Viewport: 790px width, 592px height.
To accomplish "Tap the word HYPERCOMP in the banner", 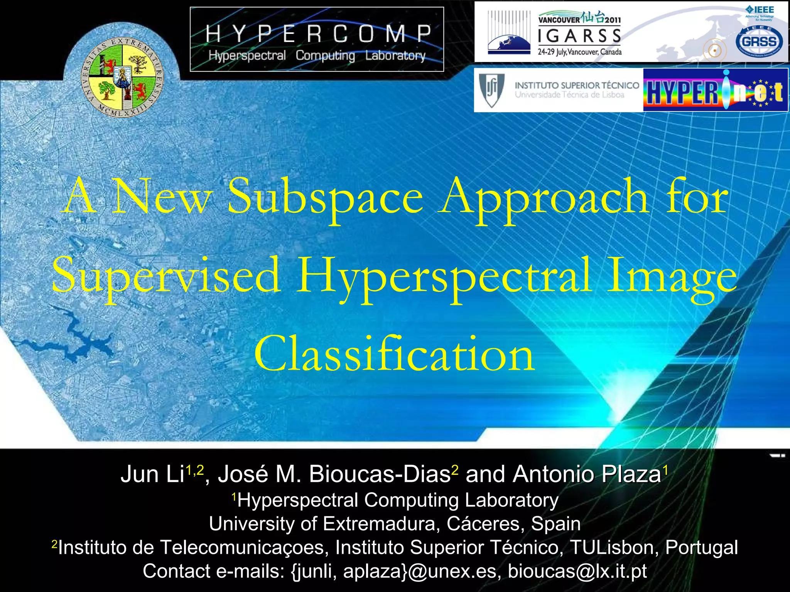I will tap(318, 34).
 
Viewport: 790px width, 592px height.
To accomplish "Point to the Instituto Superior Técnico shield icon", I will tap(491, 90).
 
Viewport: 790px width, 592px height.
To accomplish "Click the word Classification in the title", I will tap(394, 354).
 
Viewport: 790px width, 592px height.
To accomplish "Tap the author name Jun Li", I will tap(152, 474).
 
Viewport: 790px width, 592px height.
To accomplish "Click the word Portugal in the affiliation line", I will tap(701, 547).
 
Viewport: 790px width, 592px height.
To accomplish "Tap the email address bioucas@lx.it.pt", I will tap(577, 571).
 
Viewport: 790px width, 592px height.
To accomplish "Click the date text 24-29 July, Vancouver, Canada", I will tap(579, 52).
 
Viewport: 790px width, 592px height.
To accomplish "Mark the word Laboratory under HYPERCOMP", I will tap(395, 56).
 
